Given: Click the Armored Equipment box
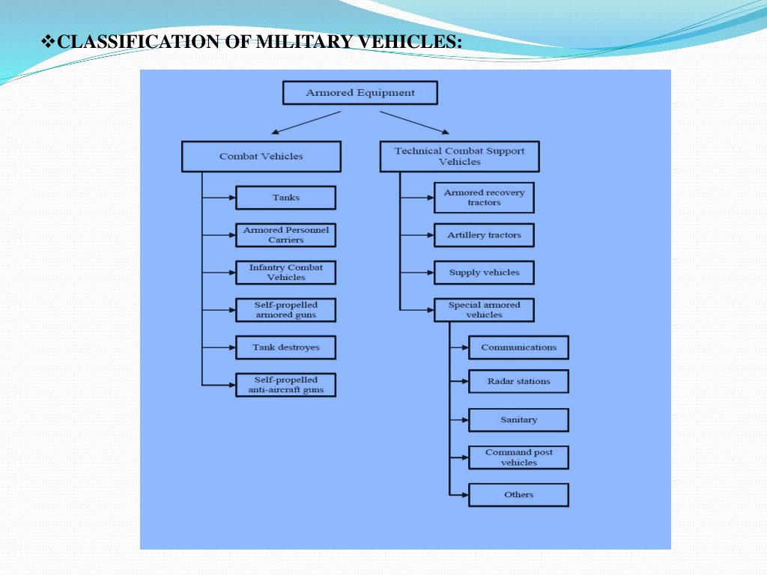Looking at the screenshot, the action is pos(360,93).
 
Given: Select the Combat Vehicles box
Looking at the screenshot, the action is pos(261,156).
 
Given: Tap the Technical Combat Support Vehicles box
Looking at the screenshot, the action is pos(459,156).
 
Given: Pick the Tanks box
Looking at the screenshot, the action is pos(285,198).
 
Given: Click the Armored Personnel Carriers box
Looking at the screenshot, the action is pos(285,235).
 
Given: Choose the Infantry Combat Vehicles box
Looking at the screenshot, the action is pos(285,273).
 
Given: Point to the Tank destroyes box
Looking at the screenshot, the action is pos(285,347).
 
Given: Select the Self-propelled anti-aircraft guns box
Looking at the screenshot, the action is pos(285,385).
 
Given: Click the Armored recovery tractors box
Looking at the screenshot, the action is pos(485,198).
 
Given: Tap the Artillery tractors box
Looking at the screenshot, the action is pos(485,235).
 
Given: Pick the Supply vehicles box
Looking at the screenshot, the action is pos(485,273).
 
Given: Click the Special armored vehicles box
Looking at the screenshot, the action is pos(485,310).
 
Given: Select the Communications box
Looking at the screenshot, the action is pos(518,347).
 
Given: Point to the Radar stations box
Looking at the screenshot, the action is pos(518,381).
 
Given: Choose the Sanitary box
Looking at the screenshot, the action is pos(518,420).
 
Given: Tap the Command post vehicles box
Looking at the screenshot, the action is pos(518,457).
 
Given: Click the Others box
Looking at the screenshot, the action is pos(518,495).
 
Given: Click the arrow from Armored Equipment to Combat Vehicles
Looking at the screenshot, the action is pos(306,122).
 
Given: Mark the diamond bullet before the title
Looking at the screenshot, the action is pos(48,41).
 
